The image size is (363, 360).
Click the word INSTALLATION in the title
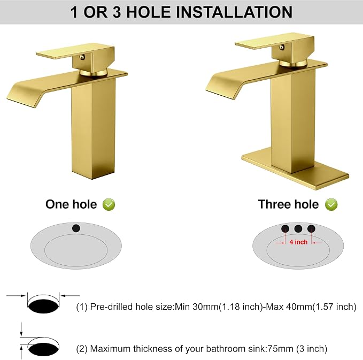click(234, 12)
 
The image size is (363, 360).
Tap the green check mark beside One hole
click(109, 204)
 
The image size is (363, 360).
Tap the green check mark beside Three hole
click(331, 204)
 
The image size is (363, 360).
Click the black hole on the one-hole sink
click(76, 228)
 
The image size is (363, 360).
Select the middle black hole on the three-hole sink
click(298, 229)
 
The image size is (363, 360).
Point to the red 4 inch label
click(298, 242)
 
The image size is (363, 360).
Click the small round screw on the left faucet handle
click(82, 57)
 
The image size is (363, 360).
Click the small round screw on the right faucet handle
click(281, 47)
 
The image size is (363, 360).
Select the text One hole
click(71, 204)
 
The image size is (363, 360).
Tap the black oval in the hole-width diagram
click(43, 307)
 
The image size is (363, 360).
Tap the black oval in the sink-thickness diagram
click(43, 349)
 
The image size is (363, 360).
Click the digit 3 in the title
click(117, 12)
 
